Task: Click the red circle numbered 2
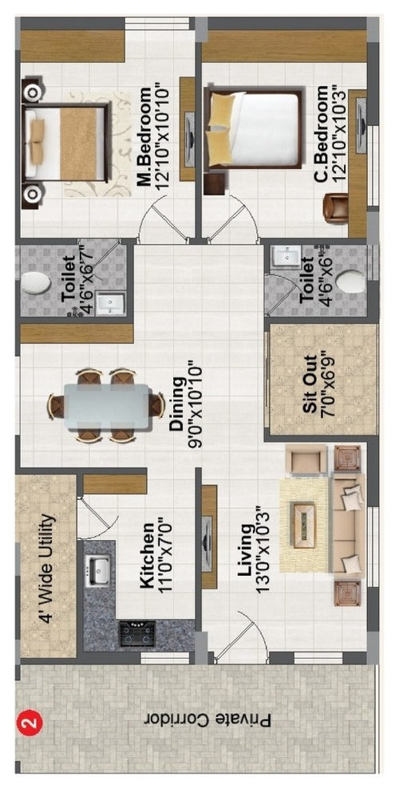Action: click(30, 724)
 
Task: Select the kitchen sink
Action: click(100, 569)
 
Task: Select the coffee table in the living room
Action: click(304, 525)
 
